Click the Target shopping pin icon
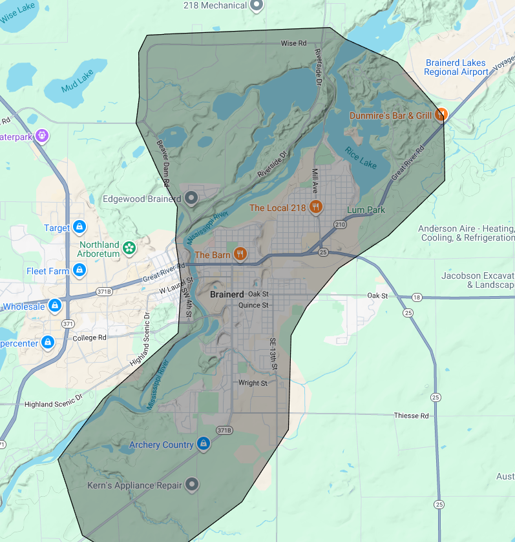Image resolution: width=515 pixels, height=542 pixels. (x=79, y=227)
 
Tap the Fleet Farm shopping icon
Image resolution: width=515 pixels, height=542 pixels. (x=79, y=270)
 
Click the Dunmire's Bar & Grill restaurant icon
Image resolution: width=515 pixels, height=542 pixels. (x=441, y=115)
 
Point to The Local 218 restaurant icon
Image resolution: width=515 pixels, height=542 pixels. (x=315, y=207)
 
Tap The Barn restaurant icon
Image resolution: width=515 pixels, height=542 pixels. (x=240, y=254)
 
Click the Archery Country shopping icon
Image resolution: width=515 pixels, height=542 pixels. (x=204, y=444)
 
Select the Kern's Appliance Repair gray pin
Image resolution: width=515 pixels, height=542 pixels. (x=191, y=484)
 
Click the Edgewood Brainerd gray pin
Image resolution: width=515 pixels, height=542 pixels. (x=191, y=198)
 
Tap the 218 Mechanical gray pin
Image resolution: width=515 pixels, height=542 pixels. (x=257, y=5)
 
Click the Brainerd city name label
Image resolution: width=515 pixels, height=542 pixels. (x=227, y=294)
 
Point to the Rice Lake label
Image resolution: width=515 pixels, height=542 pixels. (x=360, y=157)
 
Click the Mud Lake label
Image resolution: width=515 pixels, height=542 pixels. (x=77, y=80)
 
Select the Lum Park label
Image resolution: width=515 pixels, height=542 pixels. (x=366, y=210)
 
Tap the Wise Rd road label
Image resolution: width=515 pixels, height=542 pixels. (x=293, y=43)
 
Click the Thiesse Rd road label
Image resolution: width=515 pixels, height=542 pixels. (x=411, y=416)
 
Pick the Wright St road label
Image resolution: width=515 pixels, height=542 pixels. (x=253, y=383)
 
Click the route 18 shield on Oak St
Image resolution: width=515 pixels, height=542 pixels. (x=417, y=297)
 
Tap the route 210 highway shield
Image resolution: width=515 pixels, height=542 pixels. (x=340, y=224)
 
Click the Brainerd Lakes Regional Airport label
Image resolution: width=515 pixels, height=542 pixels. (x=457, y=68)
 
